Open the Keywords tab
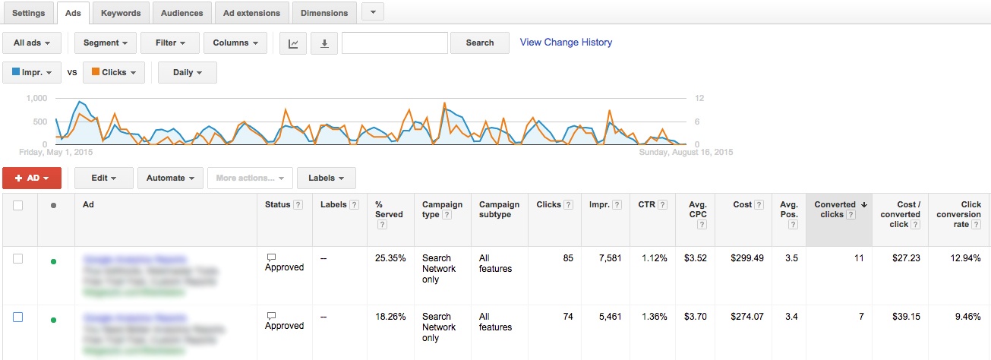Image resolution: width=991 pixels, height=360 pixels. point(121,13)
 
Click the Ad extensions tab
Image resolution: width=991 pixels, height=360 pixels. point(251,13)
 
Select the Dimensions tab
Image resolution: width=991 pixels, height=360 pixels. point(324,13)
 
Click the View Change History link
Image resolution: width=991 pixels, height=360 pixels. point(566,43)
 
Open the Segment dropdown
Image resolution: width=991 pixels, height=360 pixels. point(106,43)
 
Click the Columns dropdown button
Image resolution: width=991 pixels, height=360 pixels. point(235,43)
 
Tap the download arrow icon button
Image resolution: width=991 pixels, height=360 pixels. point(324,43)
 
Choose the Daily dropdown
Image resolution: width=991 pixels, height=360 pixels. point(187,73)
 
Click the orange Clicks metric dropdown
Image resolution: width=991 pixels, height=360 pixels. point(113,73)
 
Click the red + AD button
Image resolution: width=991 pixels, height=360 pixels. point(32,178)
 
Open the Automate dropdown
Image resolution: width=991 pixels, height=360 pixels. point(170,178)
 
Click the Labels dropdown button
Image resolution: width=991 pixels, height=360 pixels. point(326,178)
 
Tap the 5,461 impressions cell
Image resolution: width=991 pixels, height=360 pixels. point(605,317)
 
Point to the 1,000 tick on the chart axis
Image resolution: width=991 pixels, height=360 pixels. point(36,99)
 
